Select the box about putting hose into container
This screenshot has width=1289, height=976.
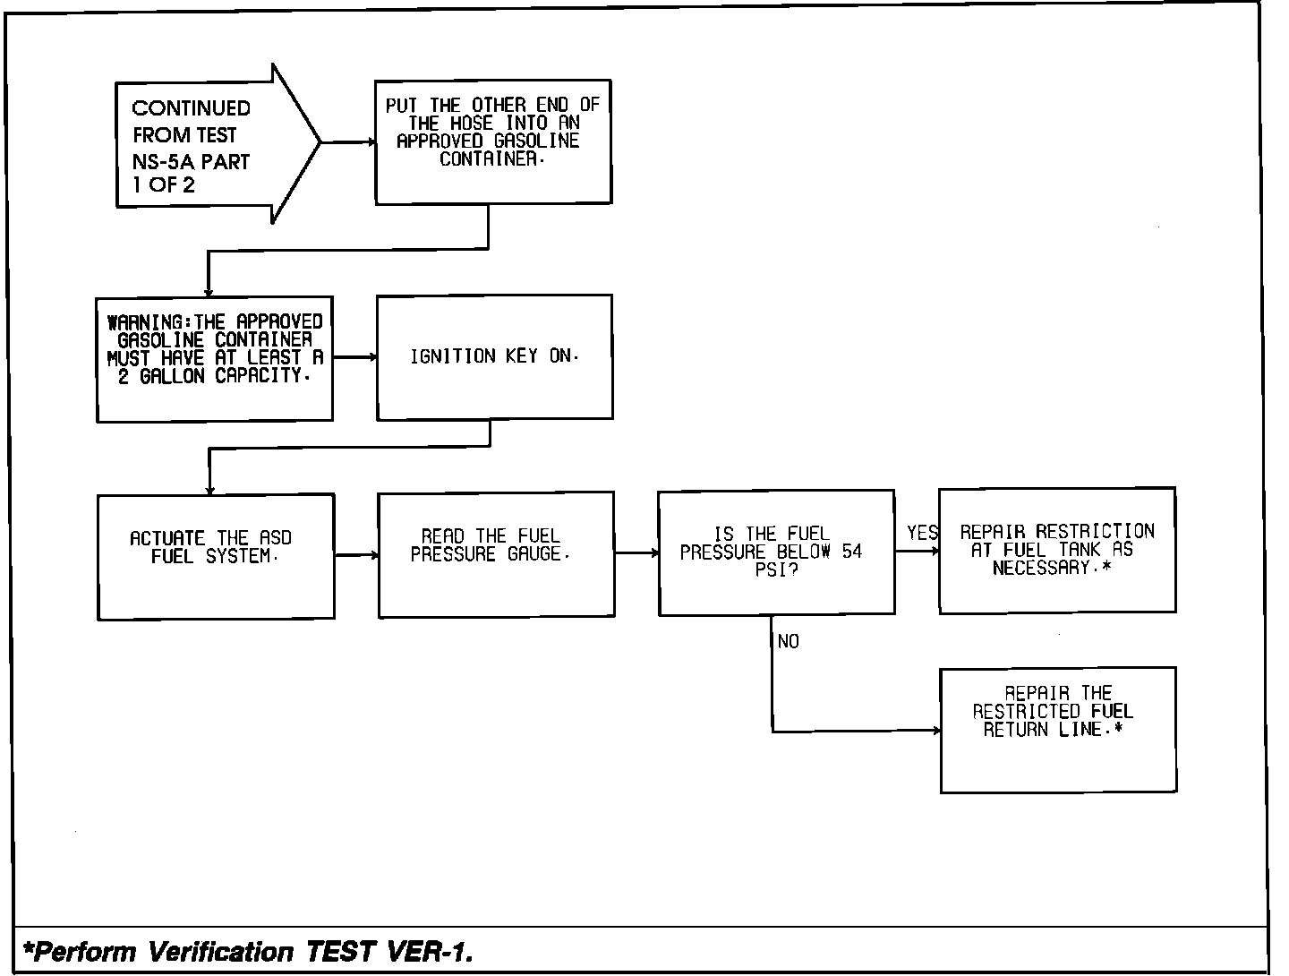(x=492, y=141)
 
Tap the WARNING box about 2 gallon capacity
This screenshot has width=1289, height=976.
(x=215, y=358)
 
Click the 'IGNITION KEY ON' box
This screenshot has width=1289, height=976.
(x=494, y=356)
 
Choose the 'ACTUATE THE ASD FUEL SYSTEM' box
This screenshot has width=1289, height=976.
(x=216, y=555)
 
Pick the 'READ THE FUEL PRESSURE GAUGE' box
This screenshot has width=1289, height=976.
(x=496, y=554)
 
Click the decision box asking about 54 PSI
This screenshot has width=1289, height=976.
(x=776, y=552)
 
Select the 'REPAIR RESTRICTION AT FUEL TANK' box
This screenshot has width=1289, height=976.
(x=1056, y=550)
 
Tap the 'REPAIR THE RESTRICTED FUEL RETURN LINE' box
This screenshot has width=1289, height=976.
(x=1057, y=729)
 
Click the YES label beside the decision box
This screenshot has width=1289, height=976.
(x=922, y=534)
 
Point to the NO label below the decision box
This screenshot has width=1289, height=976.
(x=789, y=642)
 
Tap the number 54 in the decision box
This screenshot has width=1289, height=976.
(x=851, y=552)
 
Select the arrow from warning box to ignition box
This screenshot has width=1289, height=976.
(x=354, y=357)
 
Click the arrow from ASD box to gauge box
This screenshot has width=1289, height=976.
(x=356, y=555)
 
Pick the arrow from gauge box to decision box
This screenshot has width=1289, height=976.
(x=636, y=553)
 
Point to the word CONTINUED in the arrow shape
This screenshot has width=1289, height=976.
(x=191, y=108)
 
